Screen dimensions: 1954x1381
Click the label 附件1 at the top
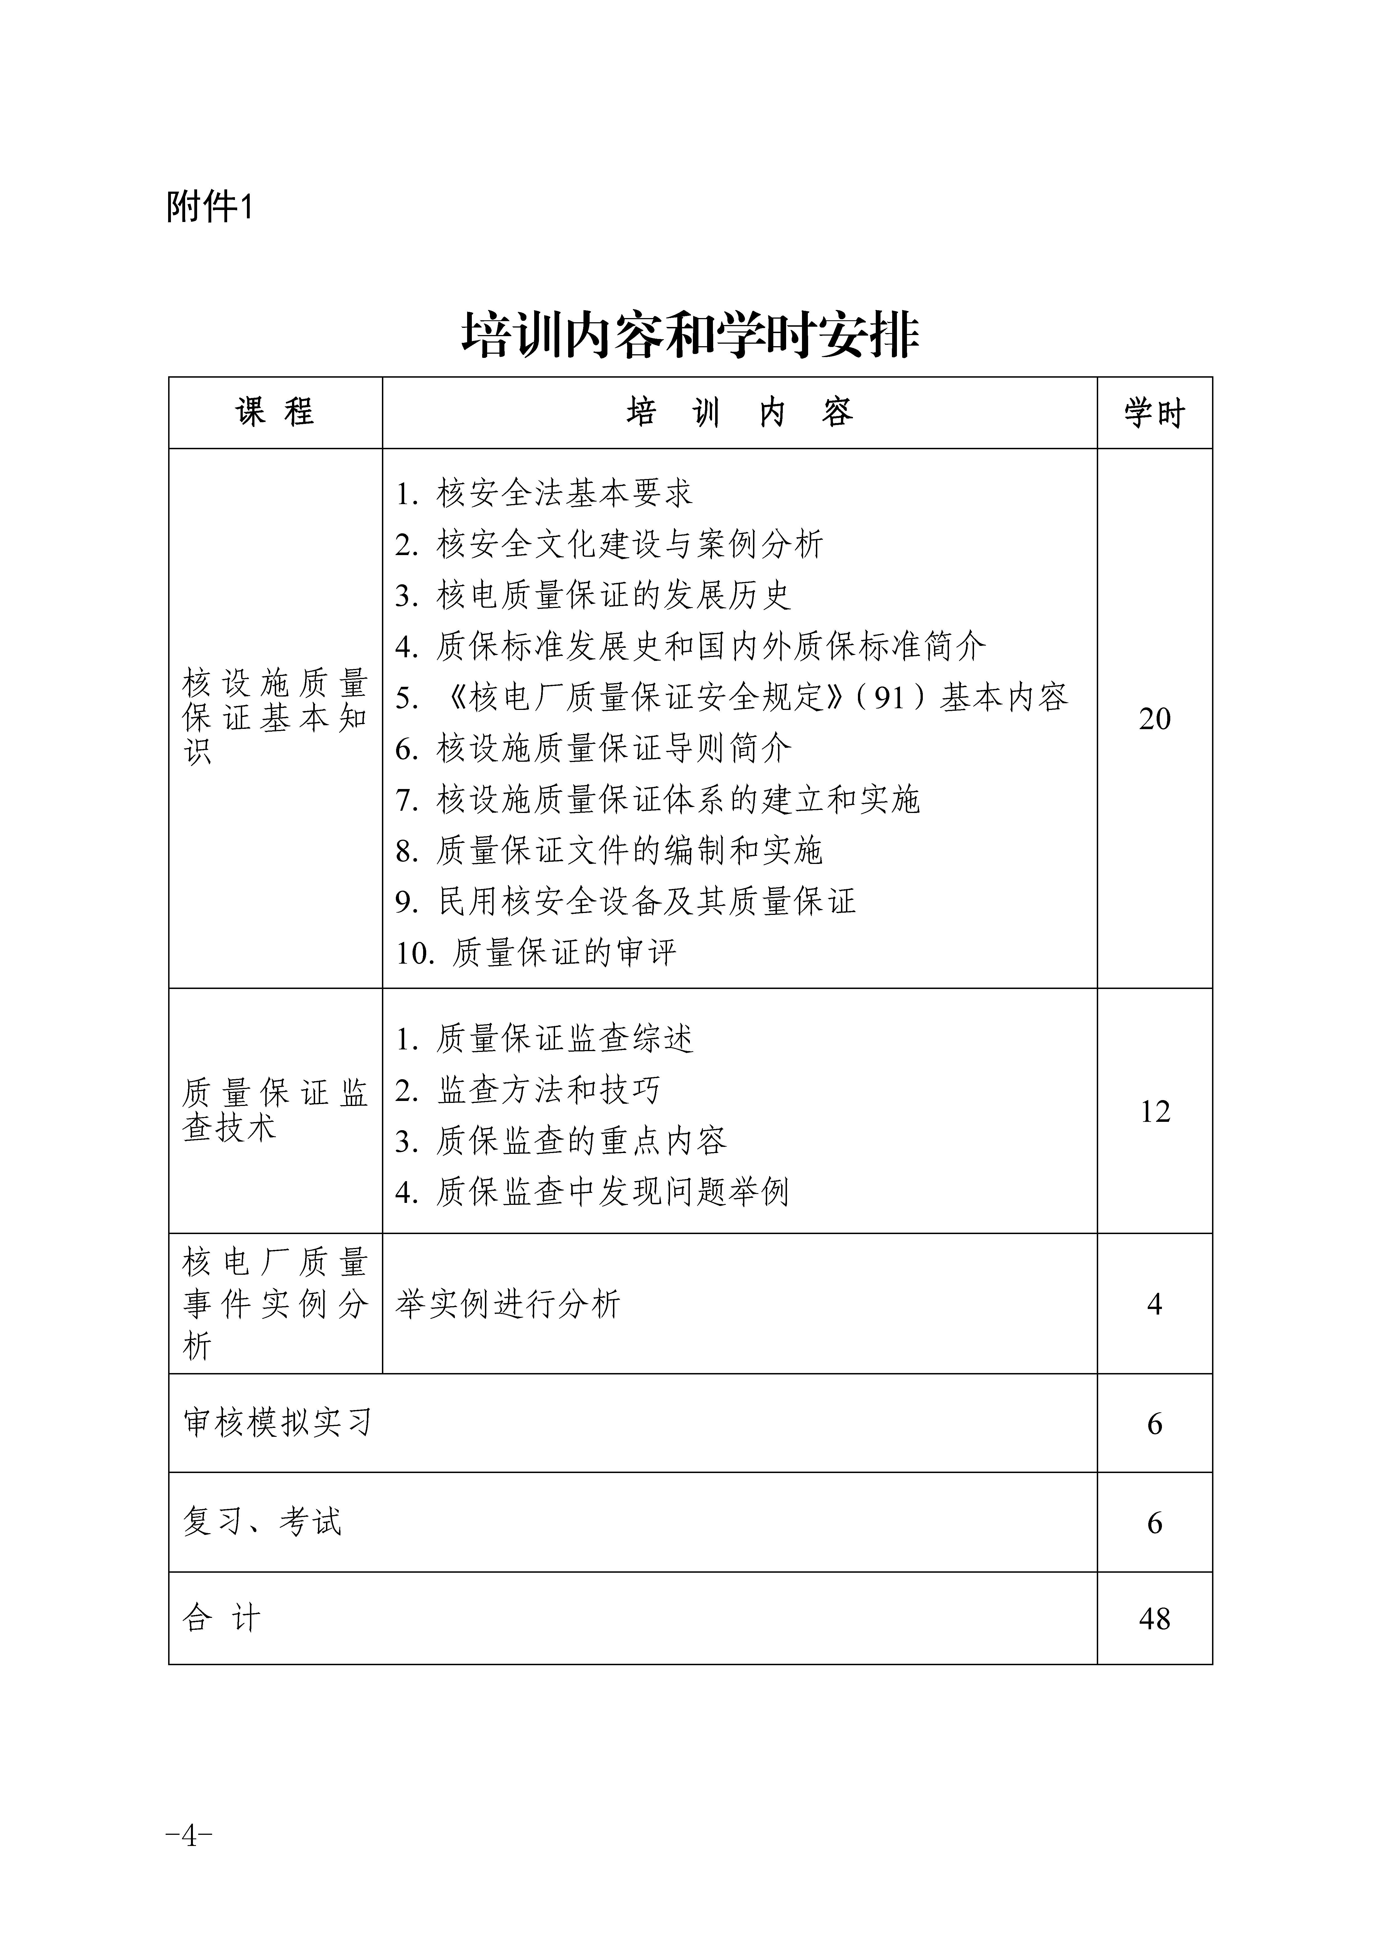[209, 207]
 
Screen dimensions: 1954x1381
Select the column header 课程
[275, 413]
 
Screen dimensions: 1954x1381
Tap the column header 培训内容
[739, 413]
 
